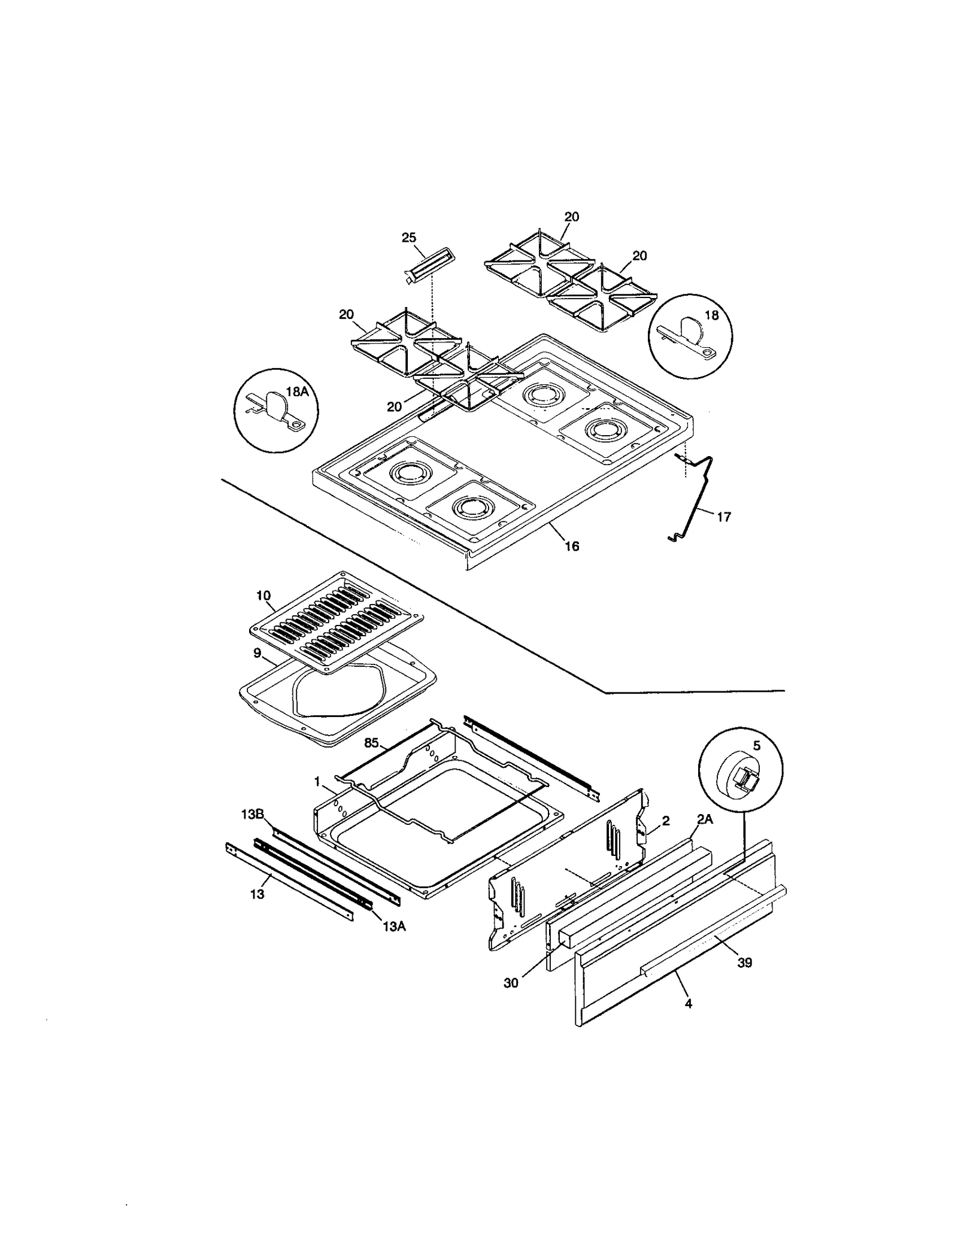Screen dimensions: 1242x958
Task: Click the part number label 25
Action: (x=408, y=238)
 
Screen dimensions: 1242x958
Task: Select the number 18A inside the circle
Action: (x=297, y=391)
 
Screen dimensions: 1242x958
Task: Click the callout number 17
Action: (x=724, y=517)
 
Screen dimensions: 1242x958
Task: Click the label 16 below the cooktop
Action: (x=572, y=546)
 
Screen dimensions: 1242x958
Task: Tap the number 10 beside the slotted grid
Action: (x=263, y=596)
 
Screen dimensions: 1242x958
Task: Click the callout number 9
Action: (x=257, y=652)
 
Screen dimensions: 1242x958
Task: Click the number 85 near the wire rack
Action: (x=371, y=743)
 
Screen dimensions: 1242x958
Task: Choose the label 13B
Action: (x=253, y=814)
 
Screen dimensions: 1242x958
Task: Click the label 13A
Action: (x=394, y=927)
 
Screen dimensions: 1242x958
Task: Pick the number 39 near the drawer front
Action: (x=744, y=963)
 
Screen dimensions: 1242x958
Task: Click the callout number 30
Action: (x=511, y=983)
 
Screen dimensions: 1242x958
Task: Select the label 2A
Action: (x=705, y=820)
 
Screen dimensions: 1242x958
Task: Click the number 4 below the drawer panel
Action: (x=689, y=1004)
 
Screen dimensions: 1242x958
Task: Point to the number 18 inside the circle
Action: (x=711, y=315)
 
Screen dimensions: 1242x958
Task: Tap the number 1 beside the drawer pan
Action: (x=317, y=782)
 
